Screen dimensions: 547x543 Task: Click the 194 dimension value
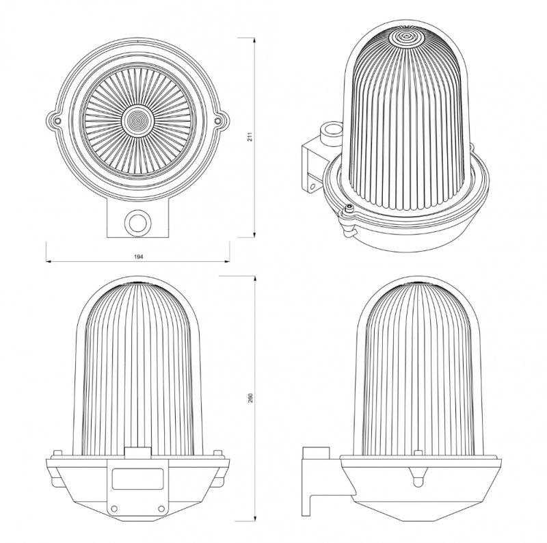[139, 256]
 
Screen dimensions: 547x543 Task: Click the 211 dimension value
[250, 137]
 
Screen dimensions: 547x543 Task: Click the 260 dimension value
[250, 398]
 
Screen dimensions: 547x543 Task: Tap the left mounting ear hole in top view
[58, 121]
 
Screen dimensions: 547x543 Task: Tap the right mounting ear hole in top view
[217, 121]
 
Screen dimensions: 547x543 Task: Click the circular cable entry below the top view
[138, 222]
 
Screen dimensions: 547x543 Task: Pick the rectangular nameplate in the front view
[138, 479]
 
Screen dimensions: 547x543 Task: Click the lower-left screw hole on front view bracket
[114, 508]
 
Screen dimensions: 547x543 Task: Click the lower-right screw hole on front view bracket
[161, 508]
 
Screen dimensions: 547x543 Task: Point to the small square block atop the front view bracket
[138, 453]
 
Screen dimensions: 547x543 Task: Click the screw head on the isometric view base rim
[348, 208]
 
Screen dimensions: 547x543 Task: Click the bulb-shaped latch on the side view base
[418, 478]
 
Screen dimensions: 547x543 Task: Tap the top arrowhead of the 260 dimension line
[255, 278]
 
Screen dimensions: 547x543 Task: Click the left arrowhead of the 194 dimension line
[49, 261]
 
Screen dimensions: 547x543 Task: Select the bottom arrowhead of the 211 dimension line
[254, 235]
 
